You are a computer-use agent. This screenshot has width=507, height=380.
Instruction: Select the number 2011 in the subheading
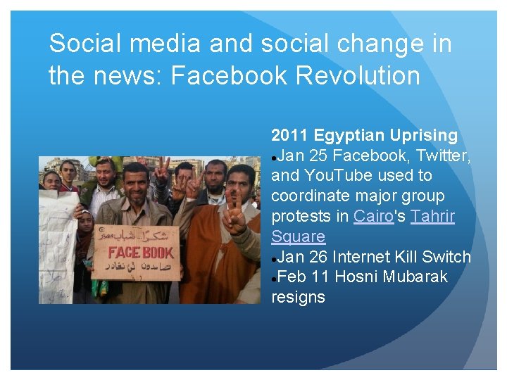[289, 134]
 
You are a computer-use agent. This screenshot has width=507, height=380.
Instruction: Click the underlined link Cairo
[373, 216]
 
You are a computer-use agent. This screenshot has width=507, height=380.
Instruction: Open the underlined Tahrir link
[432, 216]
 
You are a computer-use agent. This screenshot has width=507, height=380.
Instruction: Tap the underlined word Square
[298, 236]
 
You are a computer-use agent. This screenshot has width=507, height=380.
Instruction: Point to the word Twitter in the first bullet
[446, 155]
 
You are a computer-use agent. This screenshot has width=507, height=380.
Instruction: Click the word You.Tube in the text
[347, 175]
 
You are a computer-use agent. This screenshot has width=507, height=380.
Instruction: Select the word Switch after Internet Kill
[446, 257]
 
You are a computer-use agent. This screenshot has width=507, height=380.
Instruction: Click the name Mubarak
[415, 277]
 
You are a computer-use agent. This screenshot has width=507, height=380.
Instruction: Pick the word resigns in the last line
[298, 297]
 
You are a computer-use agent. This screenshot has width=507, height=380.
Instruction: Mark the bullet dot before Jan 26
[274, 258]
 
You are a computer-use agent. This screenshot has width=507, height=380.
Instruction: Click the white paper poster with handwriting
[56, 239]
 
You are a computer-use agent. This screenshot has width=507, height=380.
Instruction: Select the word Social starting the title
[89, 44]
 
